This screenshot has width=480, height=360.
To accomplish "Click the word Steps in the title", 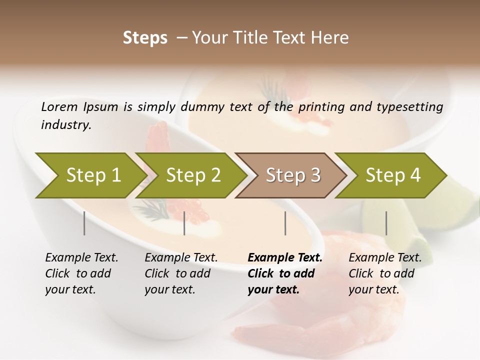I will (145, 38).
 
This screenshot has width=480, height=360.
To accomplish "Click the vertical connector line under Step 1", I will (84, 223).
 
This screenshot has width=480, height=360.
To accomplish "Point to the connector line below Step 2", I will (184, 223).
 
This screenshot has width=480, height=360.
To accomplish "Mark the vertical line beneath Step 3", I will (285, 223).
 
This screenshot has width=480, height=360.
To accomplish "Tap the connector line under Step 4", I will (386, 223).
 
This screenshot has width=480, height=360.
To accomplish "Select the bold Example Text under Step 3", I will (285, 273).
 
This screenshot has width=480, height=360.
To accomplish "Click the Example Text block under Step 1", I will (81, 273).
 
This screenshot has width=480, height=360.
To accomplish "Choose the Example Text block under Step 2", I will (181, 273).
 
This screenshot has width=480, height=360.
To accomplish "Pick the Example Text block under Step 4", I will (385, 273).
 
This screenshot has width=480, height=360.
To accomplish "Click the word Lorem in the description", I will (59, 107).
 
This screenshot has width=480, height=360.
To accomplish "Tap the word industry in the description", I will (65, 125).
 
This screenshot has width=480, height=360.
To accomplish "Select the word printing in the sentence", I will (322, 107).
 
